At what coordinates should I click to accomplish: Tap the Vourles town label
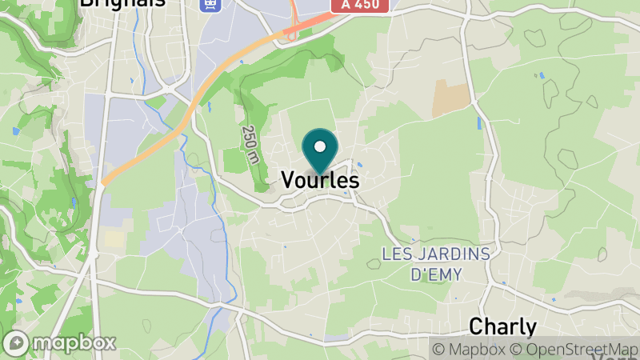point(321,181)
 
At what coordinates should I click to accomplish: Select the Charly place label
point(502,326)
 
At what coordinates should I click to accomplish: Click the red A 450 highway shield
point(359,6)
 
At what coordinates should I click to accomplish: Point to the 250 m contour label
point(251,145)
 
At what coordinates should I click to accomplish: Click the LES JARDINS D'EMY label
point(435,263)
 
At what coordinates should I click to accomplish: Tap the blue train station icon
point(210,4)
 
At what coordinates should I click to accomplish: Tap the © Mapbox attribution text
point(470,349)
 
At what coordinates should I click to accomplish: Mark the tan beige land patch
point(451,98)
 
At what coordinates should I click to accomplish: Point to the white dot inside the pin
point(321,146)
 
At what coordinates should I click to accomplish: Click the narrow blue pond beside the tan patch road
point(479,123)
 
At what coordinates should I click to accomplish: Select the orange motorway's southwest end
point(105,181)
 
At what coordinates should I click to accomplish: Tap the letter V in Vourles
point(289,181)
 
